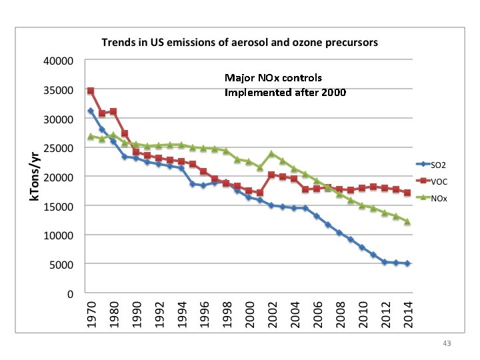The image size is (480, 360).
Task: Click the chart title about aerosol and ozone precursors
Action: pyautogui.click(x=239, y=42)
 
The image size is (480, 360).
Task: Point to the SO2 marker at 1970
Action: pyautogui.click(x=90, y=111)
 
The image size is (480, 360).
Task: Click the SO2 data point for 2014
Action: pyautogui.click(x=406, y=263)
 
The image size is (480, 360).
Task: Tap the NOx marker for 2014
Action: pyautogui.click(x=406, y=221)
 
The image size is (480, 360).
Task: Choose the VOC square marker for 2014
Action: pyautogui.click(x=406, y=193)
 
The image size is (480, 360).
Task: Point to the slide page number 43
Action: pyautogui.click(x=447, y=343)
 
